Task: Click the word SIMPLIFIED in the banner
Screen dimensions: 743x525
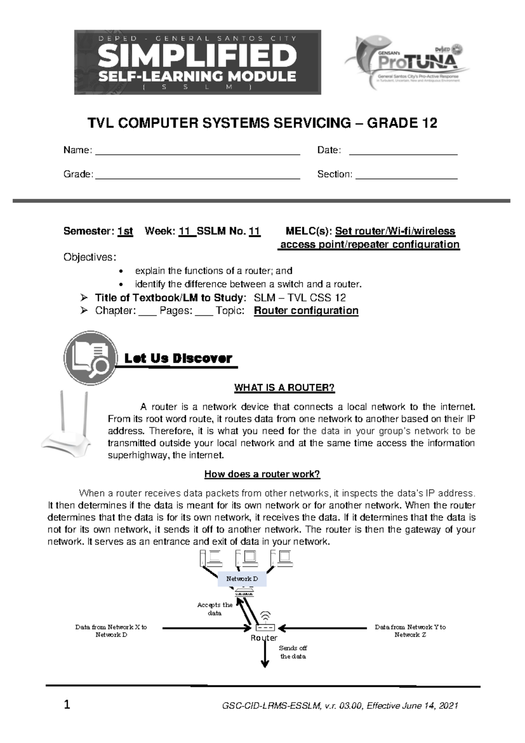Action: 197,57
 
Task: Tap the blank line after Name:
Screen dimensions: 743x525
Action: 197,151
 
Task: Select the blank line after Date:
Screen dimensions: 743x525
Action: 403,151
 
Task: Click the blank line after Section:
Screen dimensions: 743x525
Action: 406,175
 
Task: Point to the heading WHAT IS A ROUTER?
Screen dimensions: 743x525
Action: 284,388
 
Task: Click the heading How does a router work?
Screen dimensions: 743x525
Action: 262,474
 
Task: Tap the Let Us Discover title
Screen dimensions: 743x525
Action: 178,358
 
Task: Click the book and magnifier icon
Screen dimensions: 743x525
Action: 91,358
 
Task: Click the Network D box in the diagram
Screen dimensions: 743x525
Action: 242,579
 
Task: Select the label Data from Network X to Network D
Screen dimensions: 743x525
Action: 111,631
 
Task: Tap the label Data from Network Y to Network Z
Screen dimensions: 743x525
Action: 410,631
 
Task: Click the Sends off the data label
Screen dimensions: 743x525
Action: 293,652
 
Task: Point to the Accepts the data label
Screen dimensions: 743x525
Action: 215,609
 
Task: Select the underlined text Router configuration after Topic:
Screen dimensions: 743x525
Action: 306,311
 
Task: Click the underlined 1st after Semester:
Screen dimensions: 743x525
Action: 125,231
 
